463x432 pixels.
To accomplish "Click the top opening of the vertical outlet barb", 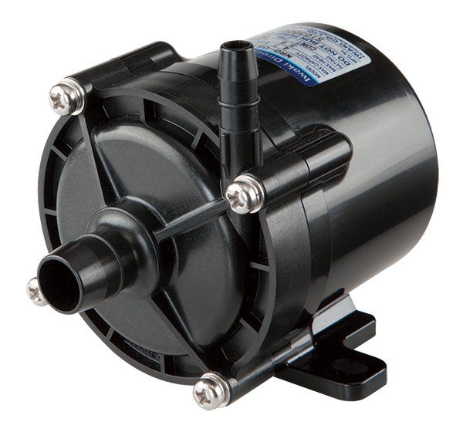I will [x=234, y=49].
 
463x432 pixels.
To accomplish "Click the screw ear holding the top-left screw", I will [x=73, y=89].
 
